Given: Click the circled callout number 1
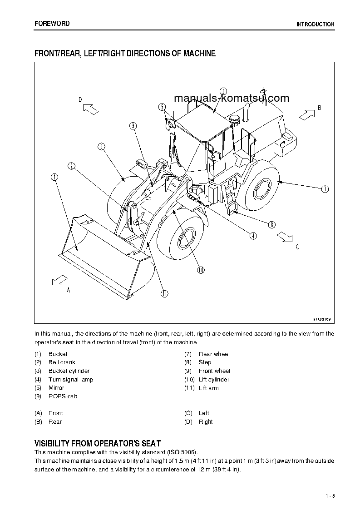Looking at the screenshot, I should point(54,178).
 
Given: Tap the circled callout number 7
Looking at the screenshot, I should point(325,189).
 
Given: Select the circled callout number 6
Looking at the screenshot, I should point(223,91).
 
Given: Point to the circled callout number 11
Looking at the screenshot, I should point(164,293).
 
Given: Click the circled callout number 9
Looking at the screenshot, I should point(101,146).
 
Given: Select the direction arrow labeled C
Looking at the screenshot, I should point(285,237).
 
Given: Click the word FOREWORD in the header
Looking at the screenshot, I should point(52,24).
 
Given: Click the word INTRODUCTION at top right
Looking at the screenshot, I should point(315,25).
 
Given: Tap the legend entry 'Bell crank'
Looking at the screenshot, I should point(62,362).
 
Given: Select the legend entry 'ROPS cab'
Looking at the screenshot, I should point(63,396).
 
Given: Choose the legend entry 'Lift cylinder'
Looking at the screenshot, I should point(214,380).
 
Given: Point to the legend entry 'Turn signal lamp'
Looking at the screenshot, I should point(70,380).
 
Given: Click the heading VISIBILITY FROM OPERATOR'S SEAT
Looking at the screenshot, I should point(98,443).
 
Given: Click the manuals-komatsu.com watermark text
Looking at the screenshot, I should point(231,98).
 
